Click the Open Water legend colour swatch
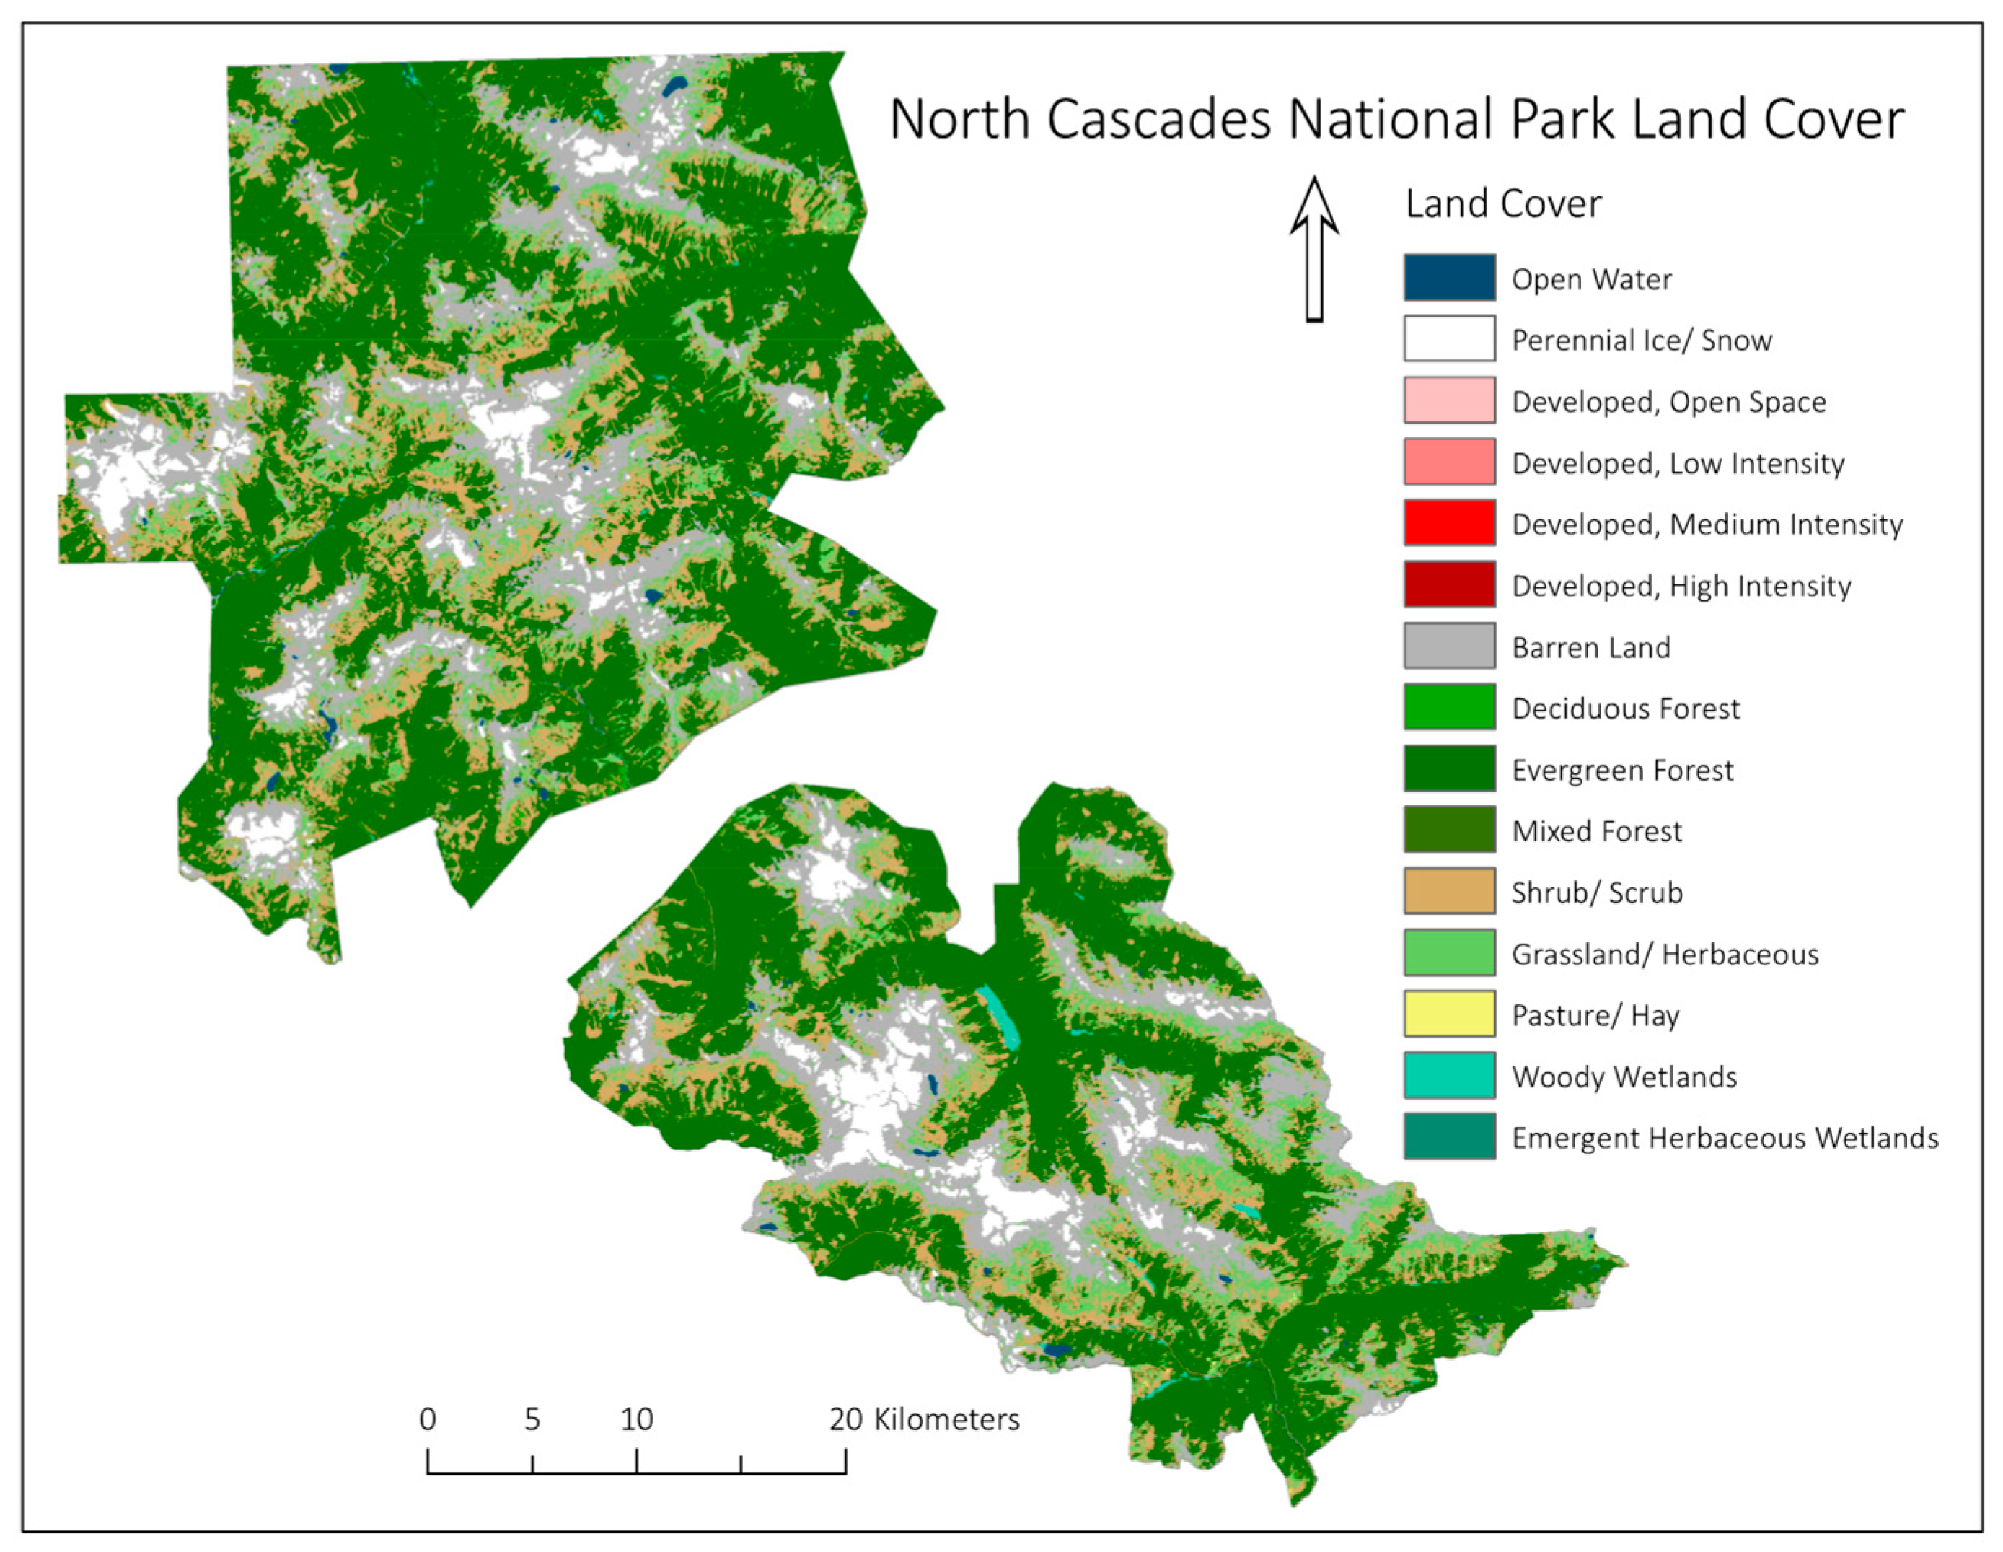click(x=1449, y=278)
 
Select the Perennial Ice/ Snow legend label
click(x=1641, y=341)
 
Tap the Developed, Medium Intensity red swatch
click(x=1449, y=523)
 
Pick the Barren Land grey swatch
click(x=1449, y=646)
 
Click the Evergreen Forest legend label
click(x=1621, y=770)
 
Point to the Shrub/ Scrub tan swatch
click(x=1449, y=892)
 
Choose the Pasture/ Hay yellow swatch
click(x=1449, y=1014)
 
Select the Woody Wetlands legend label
click(x=1624, y=1076)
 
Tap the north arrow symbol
click(x=1314, y=250)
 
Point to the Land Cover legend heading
click(x=1503, y=203)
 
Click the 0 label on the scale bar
click(x=428, y=1419)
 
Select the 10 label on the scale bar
click(x=636, y=1419)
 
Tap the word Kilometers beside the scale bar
click(x=946, y=1419)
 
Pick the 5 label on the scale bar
click(x=532, y=1419)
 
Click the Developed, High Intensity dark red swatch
click(x=1449, y=584)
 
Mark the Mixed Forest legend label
click(x=1595, y=831)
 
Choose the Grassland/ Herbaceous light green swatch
click(x=1449, y=952)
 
